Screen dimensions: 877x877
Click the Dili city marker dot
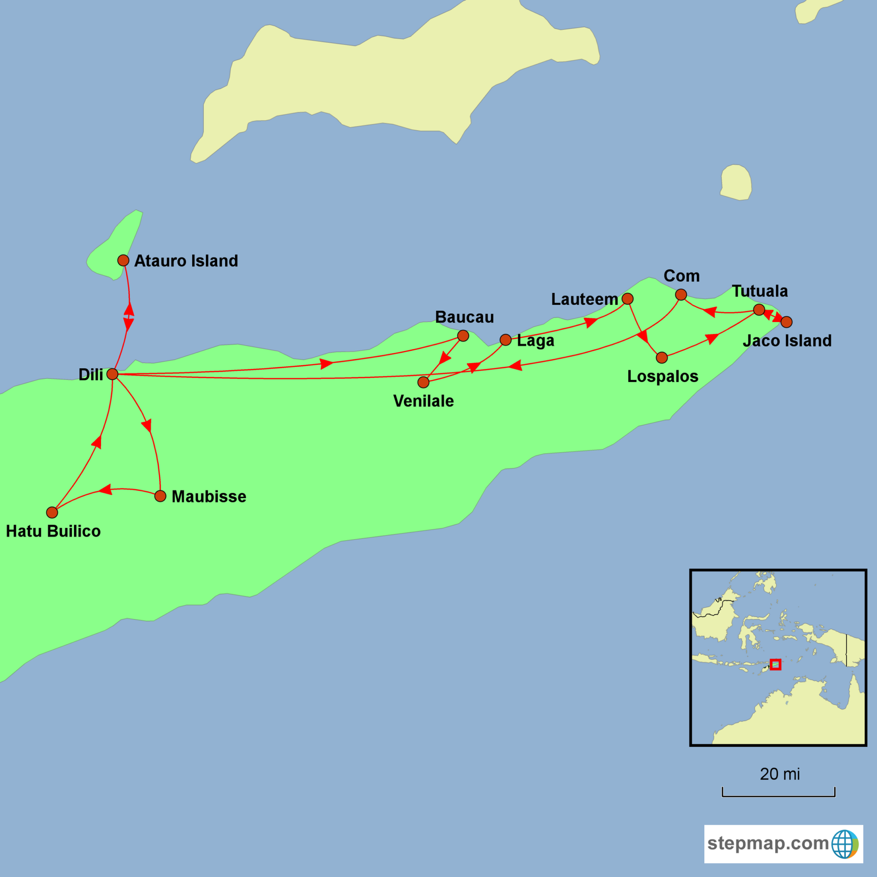[112, 374]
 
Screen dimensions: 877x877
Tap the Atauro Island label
[186, 261]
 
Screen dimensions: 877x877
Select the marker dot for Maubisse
[160, 496]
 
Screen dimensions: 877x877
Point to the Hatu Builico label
[53, 531]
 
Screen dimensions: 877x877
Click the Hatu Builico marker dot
[52, 513]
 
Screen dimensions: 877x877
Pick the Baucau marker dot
[463, 335]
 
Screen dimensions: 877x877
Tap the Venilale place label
[424, 401]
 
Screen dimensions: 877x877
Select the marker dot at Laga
[505, 340]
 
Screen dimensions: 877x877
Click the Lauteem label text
[585, 299]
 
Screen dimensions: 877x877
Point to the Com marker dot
[681, 295]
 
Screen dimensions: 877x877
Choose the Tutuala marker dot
[759, 310]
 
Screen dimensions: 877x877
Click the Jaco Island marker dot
[787, 322]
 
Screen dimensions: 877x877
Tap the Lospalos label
[663, 376]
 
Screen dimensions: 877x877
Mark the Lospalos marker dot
[662, 358]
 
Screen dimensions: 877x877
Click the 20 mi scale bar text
[780, 774]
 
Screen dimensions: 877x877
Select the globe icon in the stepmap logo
[845, 844]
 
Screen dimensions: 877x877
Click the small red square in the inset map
[776, 665]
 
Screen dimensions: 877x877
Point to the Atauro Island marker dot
[123, 260]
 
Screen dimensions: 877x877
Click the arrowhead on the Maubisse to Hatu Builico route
[105, 489]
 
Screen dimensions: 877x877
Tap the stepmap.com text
[768, 844]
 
